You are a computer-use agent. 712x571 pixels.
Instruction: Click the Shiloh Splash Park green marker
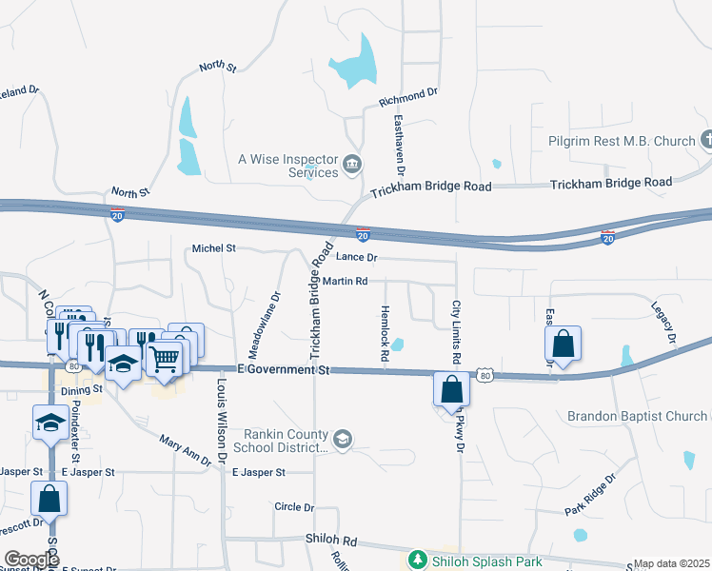[417, 560]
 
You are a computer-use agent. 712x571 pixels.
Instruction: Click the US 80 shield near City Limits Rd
[485, 376]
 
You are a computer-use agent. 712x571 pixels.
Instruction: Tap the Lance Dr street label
[359, 258]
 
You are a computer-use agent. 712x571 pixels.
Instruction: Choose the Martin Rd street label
[345, 282]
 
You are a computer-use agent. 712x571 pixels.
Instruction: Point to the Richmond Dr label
[407, 97]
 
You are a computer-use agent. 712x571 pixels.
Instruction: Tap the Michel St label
[213, 248]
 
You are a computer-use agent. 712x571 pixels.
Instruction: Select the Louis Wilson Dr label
[221, 415]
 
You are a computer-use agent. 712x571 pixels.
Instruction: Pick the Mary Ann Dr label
[185, 450]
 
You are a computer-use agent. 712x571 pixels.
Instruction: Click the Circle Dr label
[293, 507]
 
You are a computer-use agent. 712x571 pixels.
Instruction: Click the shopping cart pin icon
[164, 360]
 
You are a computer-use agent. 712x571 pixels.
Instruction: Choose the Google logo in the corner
[31, 560]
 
